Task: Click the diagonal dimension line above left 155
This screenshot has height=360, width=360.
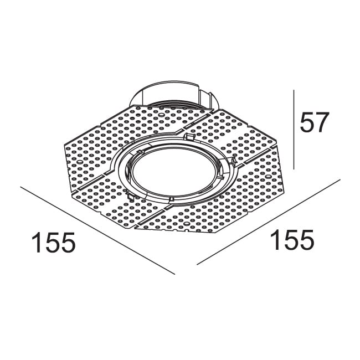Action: [x=97, y=230]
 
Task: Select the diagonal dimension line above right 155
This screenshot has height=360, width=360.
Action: [x=269, y=221]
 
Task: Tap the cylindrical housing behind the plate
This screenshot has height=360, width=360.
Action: [x=173, y=95]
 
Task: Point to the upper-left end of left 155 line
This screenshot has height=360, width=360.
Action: [x=21, y=187]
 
